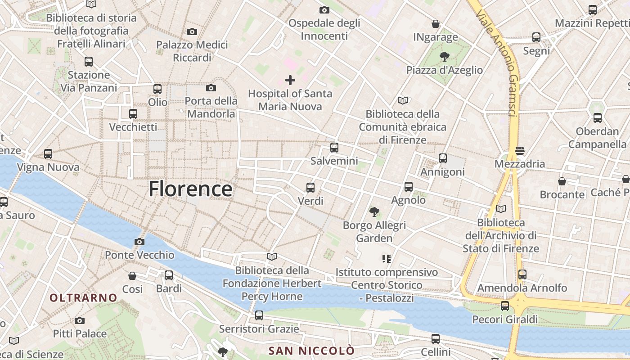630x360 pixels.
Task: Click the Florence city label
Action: pyautogui.click(x=190, y=189)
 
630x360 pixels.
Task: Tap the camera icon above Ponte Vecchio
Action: pyautogui.click(x=139, y=242)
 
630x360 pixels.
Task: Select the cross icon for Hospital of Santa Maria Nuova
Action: pyautogui.click(x=290, y=81)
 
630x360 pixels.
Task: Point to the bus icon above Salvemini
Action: pyautogui.click(x=334, y=148)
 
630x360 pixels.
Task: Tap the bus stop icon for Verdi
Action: pyautogui.click(x=310, y=188)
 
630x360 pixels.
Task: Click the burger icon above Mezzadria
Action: pyautogui.click(x=520, y=151)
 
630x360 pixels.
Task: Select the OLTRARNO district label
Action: pyautogui.click(x=84, y=298)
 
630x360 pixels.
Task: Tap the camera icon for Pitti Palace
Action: pyautogui.click(x=80, y=320)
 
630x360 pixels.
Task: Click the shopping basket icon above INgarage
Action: pyautogui.click(x=436, y=24)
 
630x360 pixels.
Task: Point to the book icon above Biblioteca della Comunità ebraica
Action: pyautogui.click(x=402, y=100)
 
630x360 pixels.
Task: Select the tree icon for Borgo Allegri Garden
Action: pyautogui.click(x=374, y=211)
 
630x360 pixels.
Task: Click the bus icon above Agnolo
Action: pyautogui.click(x=409, y=186)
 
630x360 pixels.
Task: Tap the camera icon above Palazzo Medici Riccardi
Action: pyautogui.click(x=192, y=31)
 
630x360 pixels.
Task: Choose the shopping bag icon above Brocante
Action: pyautogui.click(x=562, y=181)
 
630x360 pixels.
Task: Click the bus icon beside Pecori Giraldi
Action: pyautogui.click(x=505, y=306)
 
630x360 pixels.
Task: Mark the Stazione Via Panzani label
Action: pyautogui.click(x=88, y=81)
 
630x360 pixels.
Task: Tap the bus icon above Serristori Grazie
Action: pyautogui.click(x=259, y=315)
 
